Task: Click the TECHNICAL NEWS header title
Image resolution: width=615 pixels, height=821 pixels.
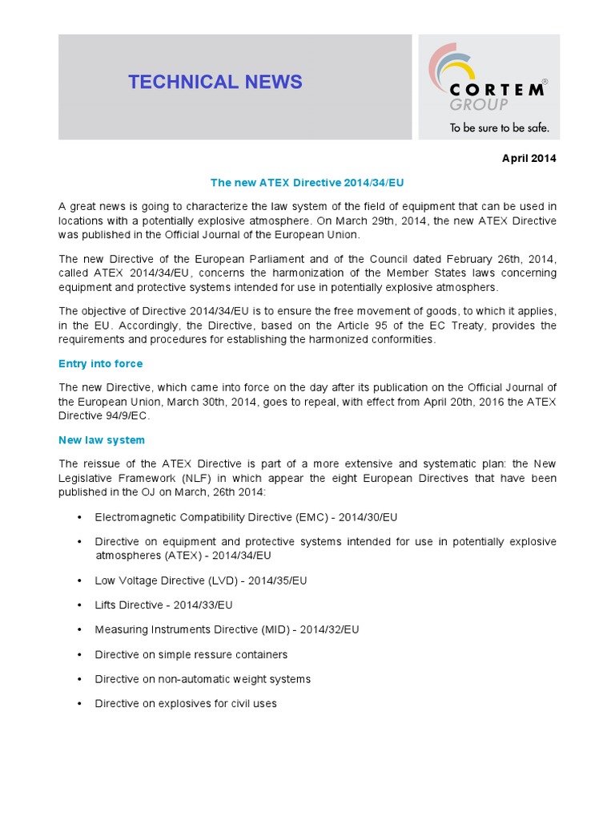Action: coord(215,82)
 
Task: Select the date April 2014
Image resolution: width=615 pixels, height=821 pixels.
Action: coord(529,159)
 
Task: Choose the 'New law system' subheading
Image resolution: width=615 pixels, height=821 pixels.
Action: coord(101,440)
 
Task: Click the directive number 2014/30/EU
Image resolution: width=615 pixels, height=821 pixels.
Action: coord(368,518)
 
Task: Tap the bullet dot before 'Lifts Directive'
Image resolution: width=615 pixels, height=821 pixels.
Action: coord(79,605)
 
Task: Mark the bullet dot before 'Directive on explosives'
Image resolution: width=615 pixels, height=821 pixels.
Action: coord(79,704)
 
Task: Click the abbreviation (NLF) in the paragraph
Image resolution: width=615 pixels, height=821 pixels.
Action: coord(191,478)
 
